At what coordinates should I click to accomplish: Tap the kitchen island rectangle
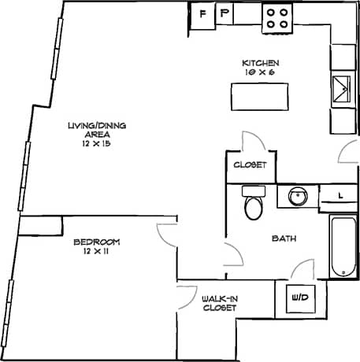[x=259, y=97]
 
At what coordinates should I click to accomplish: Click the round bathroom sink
[x=297, y=195]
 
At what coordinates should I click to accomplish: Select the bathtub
[x=342, y=246]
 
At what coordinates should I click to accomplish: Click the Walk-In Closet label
[x=219, y=303]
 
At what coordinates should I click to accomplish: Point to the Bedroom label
[x=95, y=242]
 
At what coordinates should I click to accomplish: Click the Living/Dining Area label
[x=97, y=130]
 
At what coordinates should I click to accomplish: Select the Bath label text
[x=284, y=238]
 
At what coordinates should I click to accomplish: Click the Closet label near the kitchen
[x=249, y=166]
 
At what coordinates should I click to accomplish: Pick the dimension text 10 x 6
[x=259, y=72]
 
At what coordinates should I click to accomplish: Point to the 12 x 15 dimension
[x=97, y=145]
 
